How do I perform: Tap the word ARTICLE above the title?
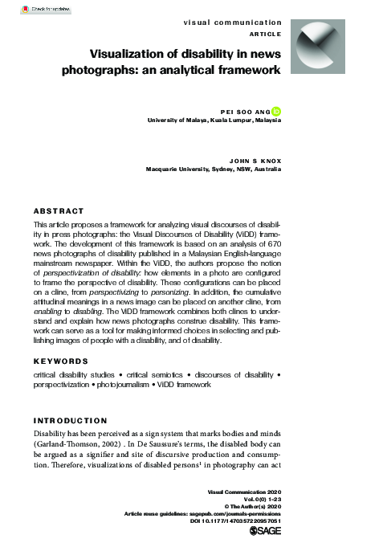point(265,33)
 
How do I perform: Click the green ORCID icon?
point(275,112)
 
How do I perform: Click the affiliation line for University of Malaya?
point(214,121)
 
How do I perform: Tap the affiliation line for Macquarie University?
point(213,169)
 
